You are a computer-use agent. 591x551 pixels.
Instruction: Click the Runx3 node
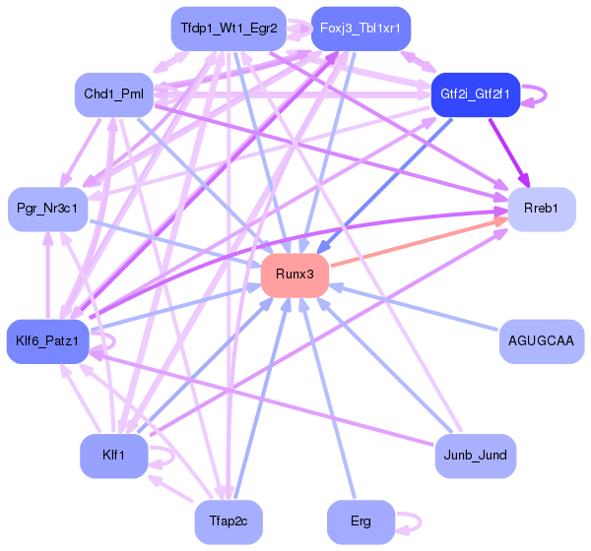(295, 274)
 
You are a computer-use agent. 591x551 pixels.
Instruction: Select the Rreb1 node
(541, 209)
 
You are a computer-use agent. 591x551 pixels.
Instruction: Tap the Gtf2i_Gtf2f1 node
(476, 94)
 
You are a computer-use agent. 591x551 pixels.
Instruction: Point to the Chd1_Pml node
(114, 94)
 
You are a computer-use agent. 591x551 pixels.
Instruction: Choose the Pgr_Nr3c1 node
(48, 209)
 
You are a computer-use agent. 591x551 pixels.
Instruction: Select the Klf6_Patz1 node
(48, 340)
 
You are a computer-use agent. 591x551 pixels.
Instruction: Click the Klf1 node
(114, 455)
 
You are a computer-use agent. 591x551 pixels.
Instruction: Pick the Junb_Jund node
(476, 455)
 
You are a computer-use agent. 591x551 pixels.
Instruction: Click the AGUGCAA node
(541, 340)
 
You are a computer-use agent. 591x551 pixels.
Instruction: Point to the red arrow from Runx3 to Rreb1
(419, 242)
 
